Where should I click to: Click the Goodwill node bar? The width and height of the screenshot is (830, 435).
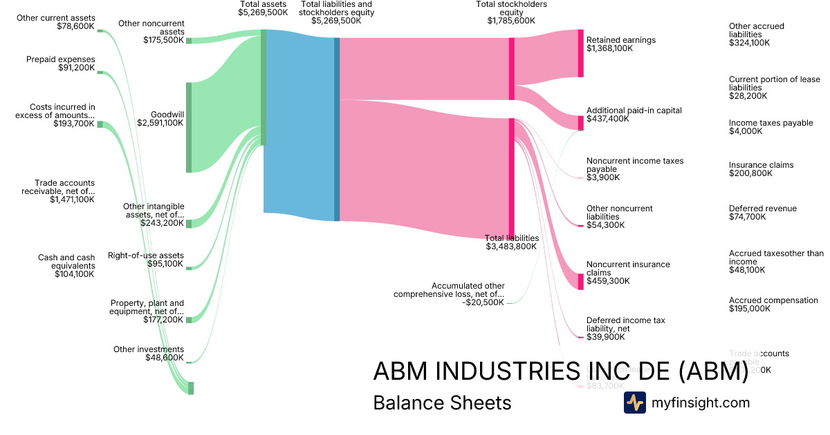coord(189,127)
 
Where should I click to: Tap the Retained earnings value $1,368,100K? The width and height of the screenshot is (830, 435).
coord(609,48)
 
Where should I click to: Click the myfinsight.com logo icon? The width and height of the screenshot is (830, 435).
coord(634,403)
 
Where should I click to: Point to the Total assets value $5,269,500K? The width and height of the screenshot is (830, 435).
coord(263,12)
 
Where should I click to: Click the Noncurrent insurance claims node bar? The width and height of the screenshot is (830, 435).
coord(580,281)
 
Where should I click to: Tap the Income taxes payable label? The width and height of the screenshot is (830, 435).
coord(771,123)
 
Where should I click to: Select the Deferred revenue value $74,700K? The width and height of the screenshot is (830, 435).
coord(747,217)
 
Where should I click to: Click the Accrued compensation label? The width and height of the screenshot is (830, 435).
coord(773,300)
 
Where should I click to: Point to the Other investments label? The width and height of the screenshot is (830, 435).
coord(149,349)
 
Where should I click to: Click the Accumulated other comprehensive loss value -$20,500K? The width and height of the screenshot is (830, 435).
coord(483,302)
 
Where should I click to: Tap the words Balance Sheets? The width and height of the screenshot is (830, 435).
coord(442,403)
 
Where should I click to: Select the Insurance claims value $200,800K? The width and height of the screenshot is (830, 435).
coord(750,173)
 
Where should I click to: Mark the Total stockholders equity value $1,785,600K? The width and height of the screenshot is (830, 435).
coord(511,21)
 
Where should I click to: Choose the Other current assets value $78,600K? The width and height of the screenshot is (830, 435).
coord(75,26)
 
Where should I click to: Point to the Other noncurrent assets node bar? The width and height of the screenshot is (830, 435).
coord(189,41)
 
